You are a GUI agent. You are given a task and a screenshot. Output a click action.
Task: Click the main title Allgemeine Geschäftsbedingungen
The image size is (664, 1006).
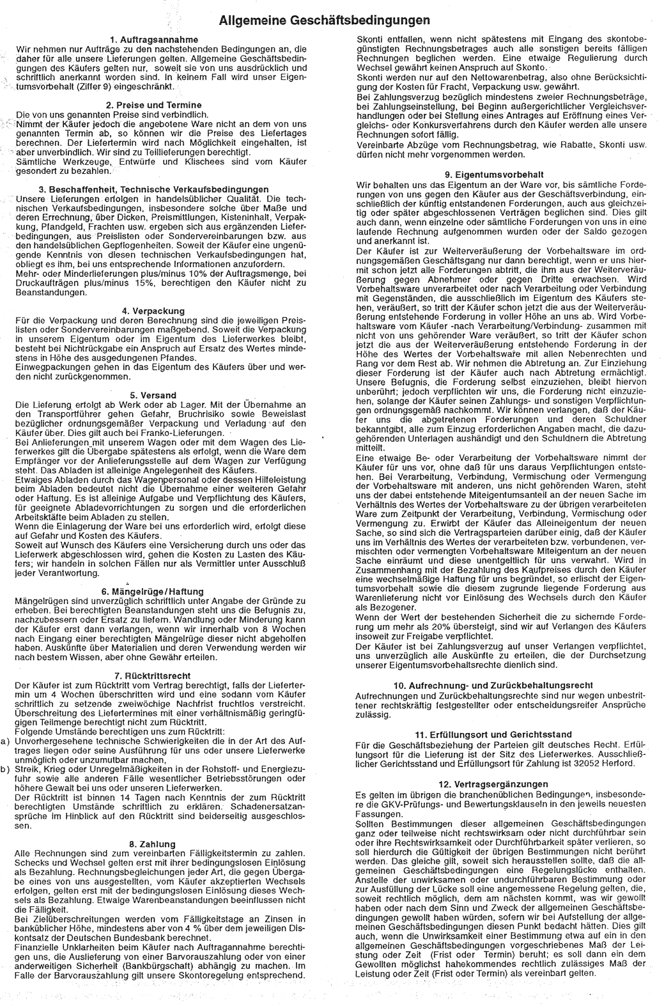click(324, 21)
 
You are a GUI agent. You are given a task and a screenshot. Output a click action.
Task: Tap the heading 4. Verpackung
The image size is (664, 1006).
click(153, 311)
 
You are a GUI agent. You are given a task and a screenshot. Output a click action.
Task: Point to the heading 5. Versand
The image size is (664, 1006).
click(153, 396)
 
